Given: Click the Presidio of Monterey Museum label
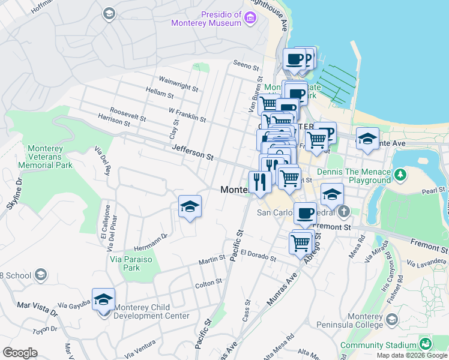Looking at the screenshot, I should click(205, 19).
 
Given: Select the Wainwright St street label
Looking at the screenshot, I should click(178, 83).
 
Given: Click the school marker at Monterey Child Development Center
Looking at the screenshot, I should click(103, 299).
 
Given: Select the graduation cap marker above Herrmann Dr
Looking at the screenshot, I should click(190, 206).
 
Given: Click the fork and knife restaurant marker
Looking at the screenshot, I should click(260, 181).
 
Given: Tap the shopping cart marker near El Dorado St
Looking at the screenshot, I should click(300, 242).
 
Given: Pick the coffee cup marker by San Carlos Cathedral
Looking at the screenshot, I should click(306, 213).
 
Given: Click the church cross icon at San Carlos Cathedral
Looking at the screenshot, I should click(343, 212).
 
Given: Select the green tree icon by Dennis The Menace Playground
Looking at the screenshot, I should click(400, 175).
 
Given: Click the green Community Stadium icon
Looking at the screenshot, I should click(425, 344).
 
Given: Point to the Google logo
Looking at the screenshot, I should click(20, 353).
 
